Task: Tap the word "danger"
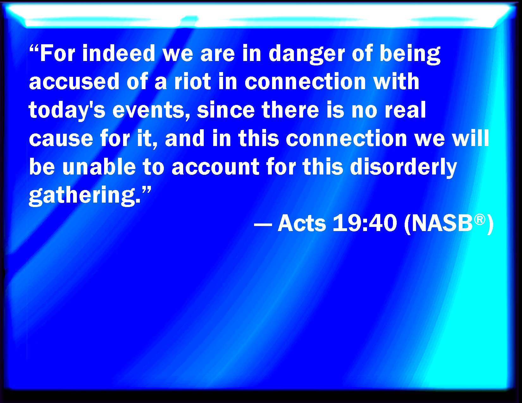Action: (307, 54)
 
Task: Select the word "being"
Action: (410, 54)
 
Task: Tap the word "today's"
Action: (67, 111)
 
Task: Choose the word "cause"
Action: (61, 139)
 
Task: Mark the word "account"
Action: (215, 167)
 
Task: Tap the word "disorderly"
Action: (403, 168)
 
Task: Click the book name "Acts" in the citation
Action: (302, 223)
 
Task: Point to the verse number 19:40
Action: (365, 223)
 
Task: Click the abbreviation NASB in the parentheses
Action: (442, 223)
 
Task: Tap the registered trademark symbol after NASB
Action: (480, 220)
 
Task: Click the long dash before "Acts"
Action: (263, 225)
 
